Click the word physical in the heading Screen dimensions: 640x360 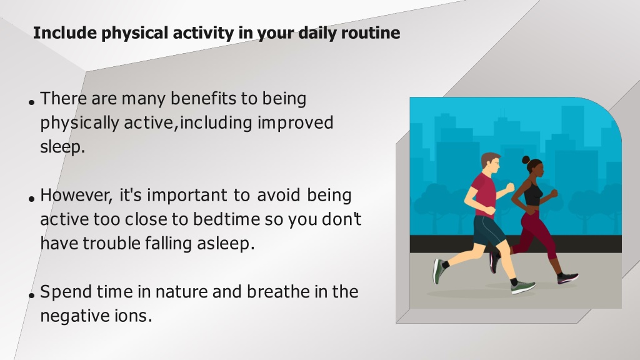tap(135, 34)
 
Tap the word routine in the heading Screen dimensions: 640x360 tap(371, 32)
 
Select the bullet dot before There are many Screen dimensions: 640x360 tap(32, 102)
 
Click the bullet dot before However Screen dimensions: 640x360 tap(32, 199)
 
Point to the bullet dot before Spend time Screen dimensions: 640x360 tap(32, 296)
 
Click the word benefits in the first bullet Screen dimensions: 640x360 tap(203, 99)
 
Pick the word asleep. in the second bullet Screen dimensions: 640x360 tap(226, 244)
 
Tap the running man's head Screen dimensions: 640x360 tap(490, 164)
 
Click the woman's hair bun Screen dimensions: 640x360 tap(526, 159)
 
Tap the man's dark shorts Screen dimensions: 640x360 tap(487, 231)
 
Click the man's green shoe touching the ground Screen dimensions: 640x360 tap(523, 287)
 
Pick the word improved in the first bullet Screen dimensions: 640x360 tap(296, 123)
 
